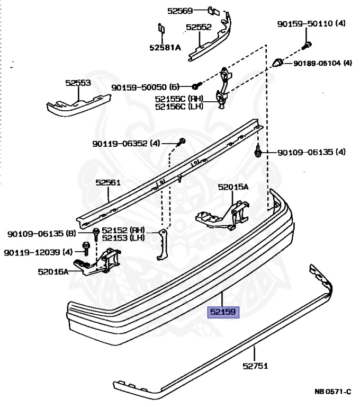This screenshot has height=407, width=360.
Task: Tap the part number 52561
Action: (109, 183)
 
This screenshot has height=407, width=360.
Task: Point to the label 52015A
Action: (233, 187)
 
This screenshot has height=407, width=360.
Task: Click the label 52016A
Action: (53, 272)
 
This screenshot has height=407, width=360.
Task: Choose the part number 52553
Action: (78, 83)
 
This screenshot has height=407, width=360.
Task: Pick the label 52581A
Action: (165, 47)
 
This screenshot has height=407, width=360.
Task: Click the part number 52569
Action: (180, 10)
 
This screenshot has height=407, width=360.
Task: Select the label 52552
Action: (199, 26)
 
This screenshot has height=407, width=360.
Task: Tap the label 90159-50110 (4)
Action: (311, 24)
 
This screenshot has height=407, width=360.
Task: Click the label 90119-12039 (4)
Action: (38, 252)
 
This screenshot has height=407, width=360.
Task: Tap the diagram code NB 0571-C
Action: (332, 392)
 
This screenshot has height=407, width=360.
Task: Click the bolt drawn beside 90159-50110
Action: (307, 45)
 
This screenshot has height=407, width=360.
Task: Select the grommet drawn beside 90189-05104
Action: (276, 63)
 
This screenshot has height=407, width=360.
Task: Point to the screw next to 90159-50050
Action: (195, 86)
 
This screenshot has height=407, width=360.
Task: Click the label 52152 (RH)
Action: (123, 230)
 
